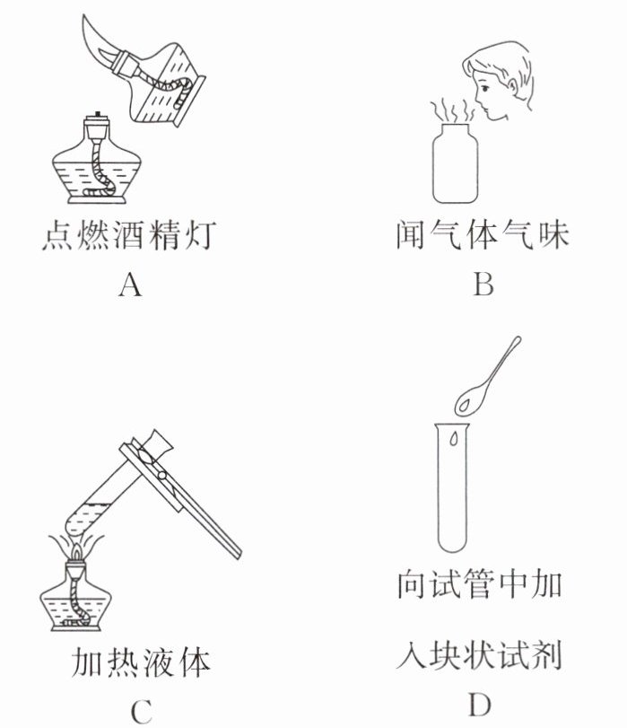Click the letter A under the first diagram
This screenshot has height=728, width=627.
click(x=130, y=285)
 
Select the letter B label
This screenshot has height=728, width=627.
click(x=483, y=284)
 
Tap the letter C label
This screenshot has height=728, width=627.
click(x=141, y=712)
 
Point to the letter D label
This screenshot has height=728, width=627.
click(x=479, y=705)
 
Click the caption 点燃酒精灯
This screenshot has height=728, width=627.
click(x=129, y=235)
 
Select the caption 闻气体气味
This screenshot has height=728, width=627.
click(x=483, y=234)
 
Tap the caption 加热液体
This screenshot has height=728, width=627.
click(x=141, y=662)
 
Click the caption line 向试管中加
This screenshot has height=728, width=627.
click(x=480, y=583)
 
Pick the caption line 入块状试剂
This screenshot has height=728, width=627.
click(x=479, y=654)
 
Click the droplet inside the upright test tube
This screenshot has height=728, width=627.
click(x=453, y=439)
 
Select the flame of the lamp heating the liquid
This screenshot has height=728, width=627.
click(x=76, y=553)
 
